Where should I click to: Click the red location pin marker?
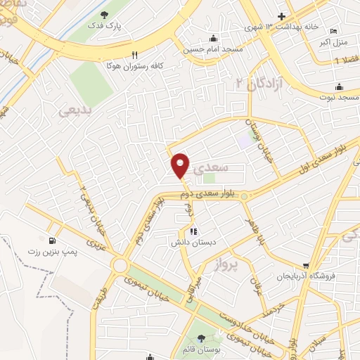pyautogui.click(x=181, y=165)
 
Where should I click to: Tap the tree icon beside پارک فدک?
pyautogui.click(x=105, y=15)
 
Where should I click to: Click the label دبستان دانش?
pyautogui.click(x=191, y=243)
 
